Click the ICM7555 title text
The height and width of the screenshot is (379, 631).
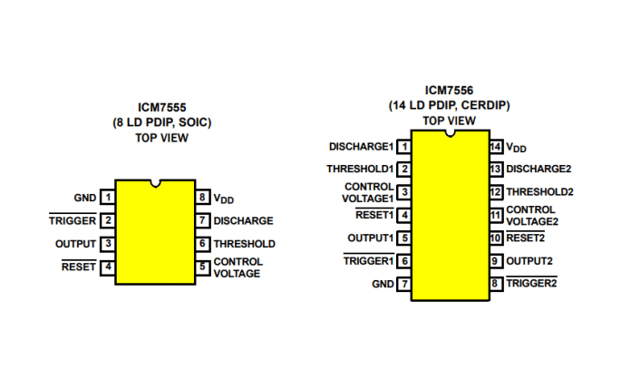tap(161, 107)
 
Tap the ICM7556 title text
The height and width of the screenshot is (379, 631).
tap(449, 90)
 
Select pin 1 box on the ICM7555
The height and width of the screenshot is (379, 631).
tap(108, 198)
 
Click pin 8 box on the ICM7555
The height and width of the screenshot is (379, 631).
tap(202, 198)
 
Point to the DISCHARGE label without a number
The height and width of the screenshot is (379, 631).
tap(243, 220)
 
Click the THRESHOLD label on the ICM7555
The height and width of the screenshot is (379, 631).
tap(244, 244)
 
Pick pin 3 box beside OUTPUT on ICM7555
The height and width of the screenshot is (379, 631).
tap(108, 244)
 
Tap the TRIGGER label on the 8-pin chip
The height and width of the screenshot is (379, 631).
tap(73, 220)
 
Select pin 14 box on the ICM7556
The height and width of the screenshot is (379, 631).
tap(496, 147)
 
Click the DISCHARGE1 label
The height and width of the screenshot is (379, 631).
tap(361, 147)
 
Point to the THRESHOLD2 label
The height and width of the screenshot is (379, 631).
tap(539, 192)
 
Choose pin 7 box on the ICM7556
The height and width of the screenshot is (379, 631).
tap(404, 284)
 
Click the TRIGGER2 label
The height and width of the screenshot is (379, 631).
tap(531, 283)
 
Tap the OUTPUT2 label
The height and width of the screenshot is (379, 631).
tap(529, 261)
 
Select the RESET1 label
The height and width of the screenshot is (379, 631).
tap(374, 215)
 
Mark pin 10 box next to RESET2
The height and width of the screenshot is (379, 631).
tap(496, 238)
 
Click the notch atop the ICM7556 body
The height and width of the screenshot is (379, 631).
tap(451, 133)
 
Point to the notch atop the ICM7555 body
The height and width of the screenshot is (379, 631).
tap(155, 183)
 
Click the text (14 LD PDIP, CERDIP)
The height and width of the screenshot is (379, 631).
tap(449, 105)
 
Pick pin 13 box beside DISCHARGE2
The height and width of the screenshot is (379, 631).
tap(496, 169)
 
